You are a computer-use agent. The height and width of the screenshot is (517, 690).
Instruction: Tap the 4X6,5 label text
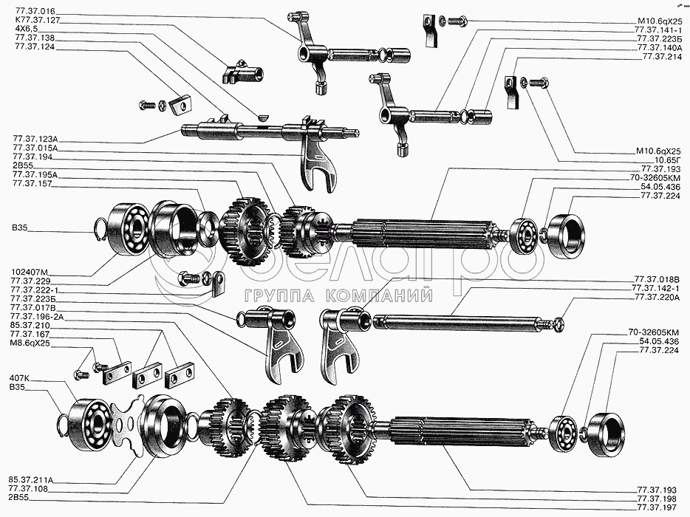[27, 29]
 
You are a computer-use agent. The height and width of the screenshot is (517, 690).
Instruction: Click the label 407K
[20, 379]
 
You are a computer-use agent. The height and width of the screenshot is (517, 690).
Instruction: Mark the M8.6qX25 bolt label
[32, 343]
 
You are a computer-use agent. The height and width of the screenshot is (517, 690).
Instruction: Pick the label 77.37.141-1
[657, 30]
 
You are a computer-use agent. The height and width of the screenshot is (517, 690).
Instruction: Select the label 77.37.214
[661, 56]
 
